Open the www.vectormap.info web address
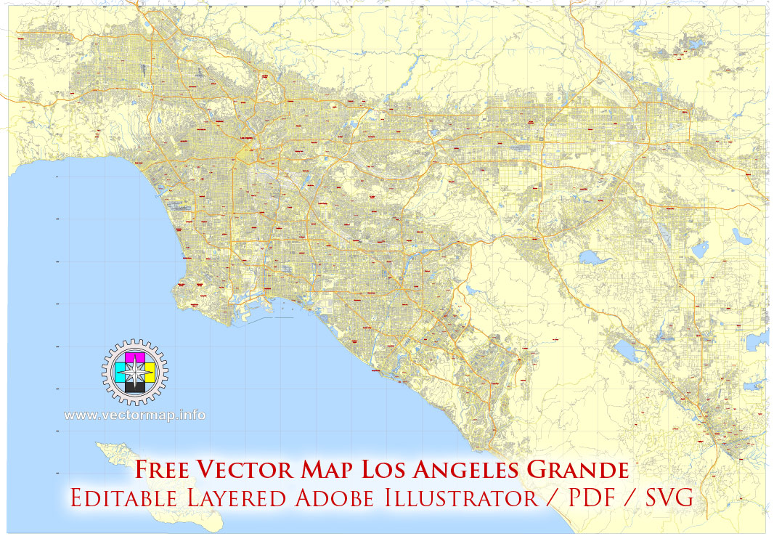coord(134,415)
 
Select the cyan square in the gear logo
coord(123,374)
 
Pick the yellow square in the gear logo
coord(146,374)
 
